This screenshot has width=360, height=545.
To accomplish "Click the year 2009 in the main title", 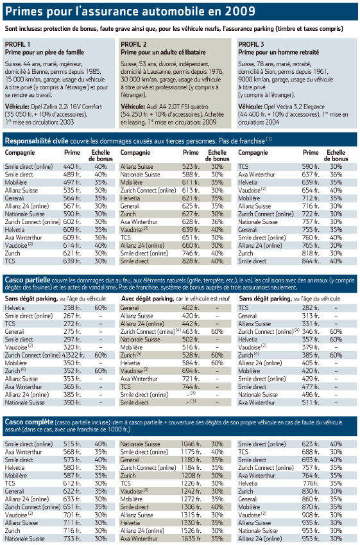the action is (x=240, y=12).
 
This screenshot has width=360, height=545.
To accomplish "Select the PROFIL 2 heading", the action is (x=133, y=44).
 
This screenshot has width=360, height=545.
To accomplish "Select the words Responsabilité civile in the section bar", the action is (x=37, y=141).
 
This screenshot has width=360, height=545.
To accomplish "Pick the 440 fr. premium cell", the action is (x=72, y=167).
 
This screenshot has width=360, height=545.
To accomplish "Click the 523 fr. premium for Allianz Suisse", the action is (x=191, y=167).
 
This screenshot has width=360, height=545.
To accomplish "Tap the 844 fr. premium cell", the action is (x=311, y=261).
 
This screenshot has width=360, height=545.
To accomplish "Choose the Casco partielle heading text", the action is (x=28, y=280).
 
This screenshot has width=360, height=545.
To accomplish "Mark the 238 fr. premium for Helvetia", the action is (x=72, y=308).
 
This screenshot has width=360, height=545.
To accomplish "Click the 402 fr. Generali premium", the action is (x=191, y=308).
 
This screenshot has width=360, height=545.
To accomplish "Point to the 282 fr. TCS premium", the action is (x=311, y=308).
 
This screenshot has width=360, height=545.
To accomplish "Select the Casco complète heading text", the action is (x=29, y=422).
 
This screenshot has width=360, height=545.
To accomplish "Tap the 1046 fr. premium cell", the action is (x=191, y=444).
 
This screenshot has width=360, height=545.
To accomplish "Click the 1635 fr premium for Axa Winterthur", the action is (x=191, y=539).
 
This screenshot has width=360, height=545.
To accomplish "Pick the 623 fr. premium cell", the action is (x=311, y=444).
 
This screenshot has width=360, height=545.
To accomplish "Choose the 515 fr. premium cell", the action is (x=72, y=444).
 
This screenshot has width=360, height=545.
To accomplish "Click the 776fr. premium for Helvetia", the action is (x=311, y=483).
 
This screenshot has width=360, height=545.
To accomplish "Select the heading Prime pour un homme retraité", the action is (x=279, y=53).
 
